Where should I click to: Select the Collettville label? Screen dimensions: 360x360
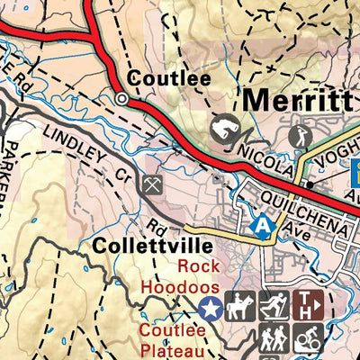tap(150, 246)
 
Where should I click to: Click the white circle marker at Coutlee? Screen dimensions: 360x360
tap(122, 99)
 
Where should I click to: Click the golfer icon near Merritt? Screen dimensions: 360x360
tap(299, 137)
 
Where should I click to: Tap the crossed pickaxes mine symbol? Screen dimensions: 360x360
tap(149, 185)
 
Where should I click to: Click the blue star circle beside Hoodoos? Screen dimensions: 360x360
tap(210, 309)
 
